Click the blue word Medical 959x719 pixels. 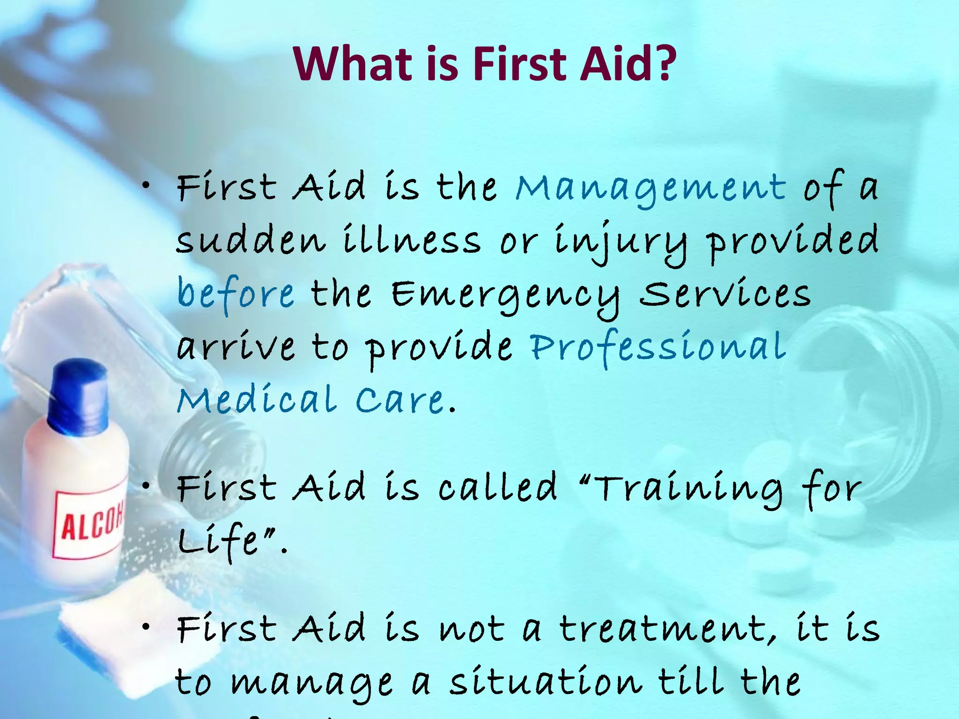pyautogui.click(x=257, y=400)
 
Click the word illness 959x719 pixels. pyautogui.click(x=412, y=241)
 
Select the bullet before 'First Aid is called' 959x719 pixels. pyautogui.click(x=147, y=487)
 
